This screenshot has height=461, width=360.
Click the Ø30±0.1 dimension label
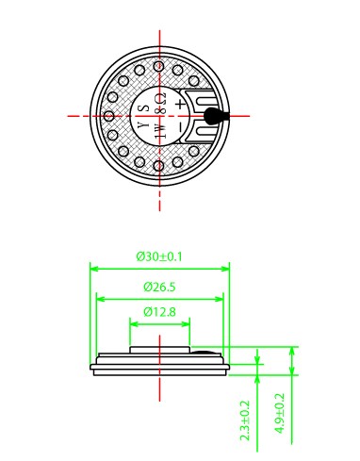pos(159,256)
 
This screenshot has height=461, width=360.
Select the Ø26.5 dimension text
pos(159,287)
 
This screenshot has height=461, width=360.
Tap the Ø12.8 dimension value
pos(159,312)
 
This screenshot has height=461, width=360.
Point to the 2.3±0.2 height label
pos(244,420)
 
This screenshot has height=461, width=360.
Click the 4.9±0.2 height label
pos(280,414)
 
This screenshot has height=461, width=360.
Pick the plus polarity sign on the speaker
pos(180,104)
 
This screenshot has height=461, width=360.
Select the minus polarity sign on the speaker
pos(180,127)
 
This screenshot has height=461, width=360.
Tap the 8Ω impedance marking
pos(161,104)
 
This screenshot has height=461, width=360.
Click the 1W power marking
pos(160,131)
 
